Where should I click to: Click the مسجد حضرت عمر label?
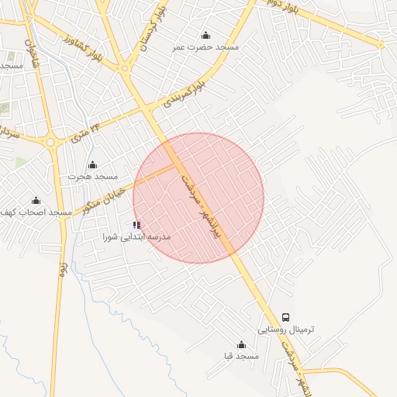pos(205,47)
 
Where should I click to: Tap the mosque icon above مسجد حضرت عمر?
pos(205,35)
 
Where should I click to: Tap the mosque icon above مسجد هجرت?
pos(92,164)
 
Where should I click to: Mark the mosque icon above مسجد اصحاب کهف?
pos(36,201)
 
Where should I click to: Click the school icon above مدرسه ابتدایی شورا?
pos(137,225)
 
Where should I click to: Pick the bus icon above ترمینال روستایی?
pos(286,317)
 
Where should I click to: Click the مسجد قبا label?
pos(240,356)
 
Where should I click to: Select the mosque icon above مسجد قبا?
pos(240,345)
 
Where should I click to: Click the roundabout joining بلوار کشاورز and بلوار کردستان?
pos(125,68)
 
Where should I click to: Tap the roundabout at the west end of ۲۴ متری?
pos(52,142)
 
